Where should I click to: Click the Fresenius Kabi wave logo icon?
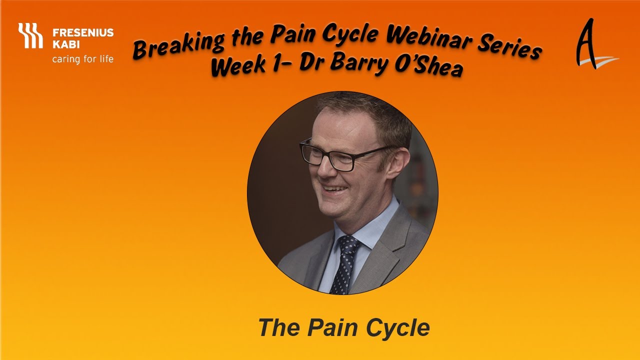[30, 35]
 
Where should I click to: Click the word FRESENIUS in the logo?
[83, 33]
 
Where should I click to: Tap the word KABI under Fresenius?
[63, 45]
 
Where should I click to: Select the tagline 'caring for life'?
[83, 59]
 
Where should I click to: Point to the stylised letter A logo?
[592, 45]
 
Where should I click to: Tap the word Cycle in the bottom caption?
[397, 328]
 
